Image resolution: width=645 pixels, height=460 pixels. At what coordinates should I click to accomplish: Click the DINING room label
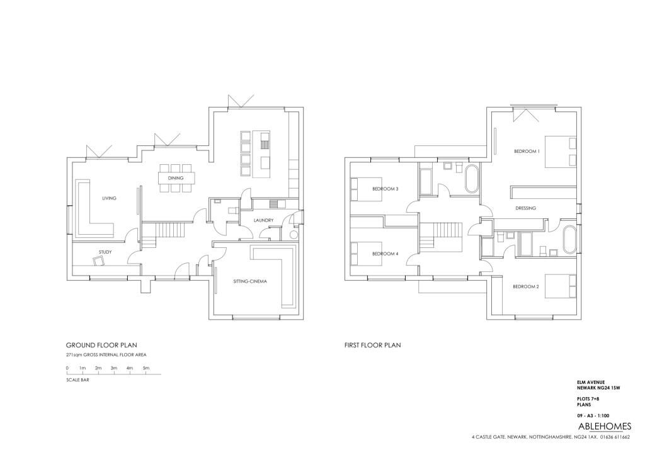[x=176, y=178]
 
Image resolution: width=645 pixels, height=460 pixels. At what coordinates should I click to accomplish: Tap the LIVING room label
[x=109, y=198]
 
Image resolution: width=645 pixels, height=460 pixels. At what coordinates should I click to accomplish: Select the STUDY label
[x=105, y=252]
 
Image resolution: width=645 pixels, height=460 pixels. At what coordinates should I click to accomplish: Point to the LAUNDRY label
[x=263, y=220]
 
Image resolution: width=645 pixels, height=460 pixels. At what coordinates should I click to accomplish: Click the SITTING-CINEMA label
[x=250, y=281]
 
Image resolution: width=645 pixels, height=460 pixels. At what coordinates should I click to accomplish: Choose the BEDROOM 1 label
[x=527, y=151]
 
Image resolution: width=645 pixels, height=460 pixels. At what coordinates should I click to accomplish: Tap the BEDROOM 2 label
[x=526, y=286]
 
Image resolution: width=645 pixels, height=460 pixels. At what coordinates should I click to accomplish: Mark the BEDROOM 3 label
[x=385, y=189]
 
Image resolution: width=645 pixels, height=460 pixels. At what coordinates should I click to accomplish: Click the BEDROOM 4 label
[x=385, y=254]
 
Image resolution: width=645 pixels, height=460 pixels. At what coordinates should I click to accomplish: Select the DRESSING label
[x=525, y=208]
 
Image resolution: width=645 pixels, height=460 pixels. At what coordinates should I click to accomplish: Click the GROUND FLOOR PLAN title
[x=101, y=345]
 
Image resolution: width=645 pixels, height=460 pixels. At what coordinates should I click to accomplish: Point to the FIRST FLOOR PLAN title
[x=373, y=345]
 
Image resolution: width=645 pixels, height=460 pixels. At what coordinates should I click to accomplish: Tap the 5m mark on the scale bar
[x=146, y=368]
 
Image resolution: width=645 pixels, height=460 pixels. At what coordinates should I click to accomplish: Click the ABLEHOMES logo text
[x=604, y=426]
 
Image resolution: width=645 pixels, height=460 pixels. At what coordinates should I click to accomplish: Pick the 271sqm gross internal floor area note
[x=106, y=355]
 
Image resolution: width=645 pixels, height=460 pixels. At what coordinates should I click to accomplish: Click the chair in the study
[x=99, y=261]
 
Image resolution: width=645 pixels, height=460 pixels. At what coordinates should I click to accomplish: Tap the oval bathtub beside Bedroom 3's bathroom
[x=472, y=179]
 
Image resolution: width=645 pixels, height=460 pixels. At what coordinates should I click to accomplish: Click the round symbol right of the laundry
[x=294, y=235]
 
